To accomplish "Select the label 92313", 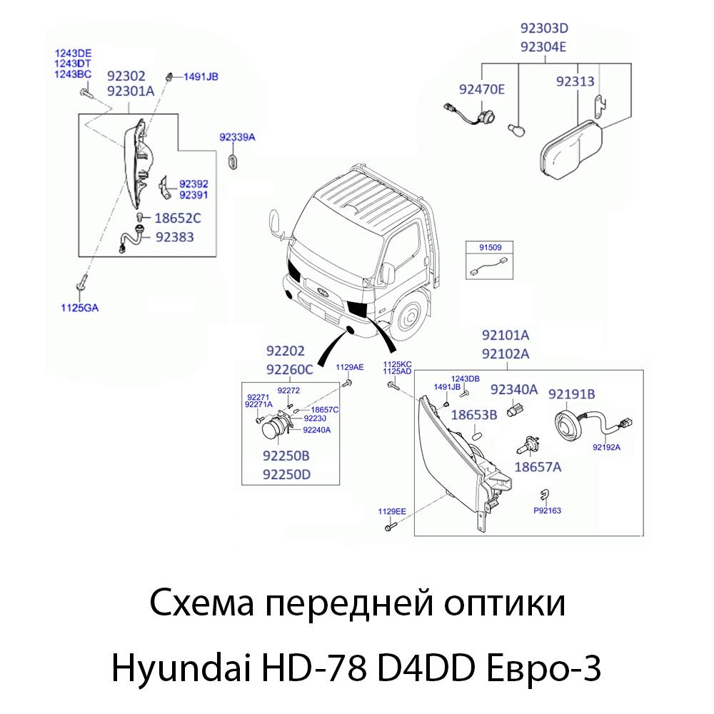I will [575, 82].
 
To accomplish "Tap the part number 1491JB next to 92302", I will [201, 76].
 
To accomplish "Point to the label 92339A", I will [237, 136].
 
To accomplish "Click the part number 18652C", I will [178, 218].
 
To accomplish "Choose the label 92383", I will [174, 236].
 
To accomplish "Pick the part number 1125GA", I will [79, 308].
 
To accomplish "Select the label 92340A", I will [513, 389].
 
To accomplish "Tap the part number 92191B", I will [571, 393].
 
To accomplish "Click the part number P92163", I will [548, 511].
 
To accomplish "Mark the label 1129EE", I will [392, 512].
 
